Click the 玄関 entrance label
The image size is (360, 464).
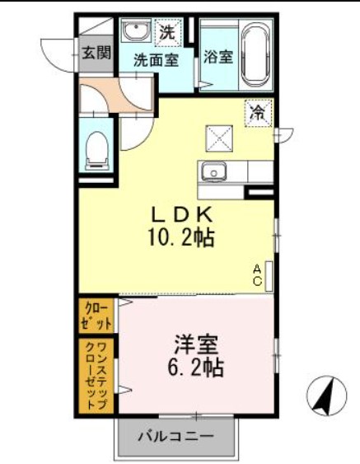(96, 55)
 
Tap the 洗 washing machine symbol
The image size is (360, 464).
(167, 34)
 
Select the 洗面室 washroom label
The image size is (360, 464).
(156, 60)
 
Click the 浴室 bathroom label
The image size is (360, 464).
(218, 58)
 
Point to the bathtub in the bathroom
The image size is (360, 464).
(256, 54)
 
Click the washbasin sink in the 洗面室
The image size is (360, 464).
(134, 33)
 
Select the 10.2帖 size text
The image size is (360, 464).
(183, 240)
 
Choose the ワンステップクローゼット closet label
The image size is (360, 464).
(97, 376)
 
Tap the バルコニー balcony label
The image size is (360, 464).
(175, 435)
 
